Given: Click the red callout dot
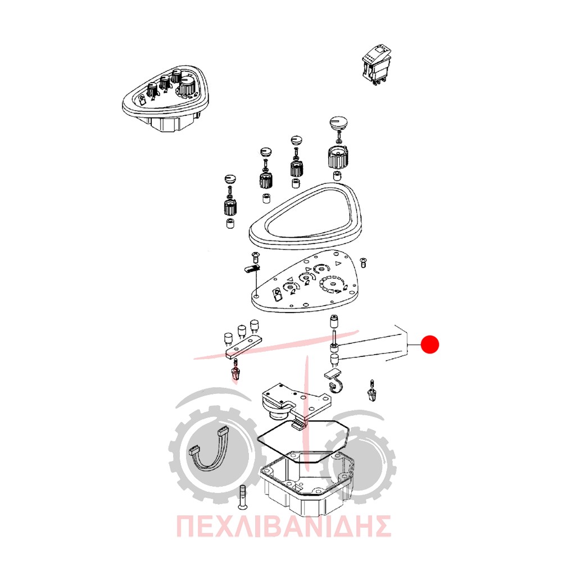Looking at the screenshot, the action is (x=429, y=344).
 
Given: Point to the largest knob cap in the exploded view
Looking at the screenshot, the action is (x=338, y=123).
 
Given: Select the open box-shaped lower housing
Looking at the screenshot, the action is (x=307, y=481).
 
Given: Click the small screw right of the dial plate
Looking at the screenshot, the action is (x=364, y=262).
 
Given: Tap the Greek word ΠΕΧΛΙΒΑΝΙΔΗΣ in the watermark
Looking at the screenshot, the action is (x=283, y=526).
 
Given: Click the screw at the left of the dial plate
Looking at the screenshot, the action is (x=255, y=256).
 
